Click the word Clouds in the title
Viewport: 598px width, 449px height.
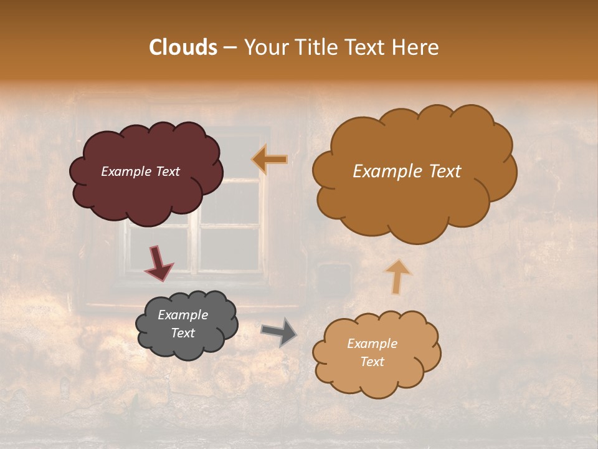183,47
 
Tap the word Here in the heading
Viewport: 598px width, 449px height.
417,47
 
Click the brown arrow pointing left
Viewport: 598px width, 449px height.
270,160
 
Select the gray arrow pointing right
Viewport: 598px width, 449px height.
279,332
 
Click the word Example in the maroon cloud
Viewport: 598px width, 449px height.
125,171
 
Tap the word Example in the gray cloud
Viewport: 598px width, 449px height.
183,315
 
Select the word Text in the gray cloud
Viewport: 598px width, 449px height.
183,333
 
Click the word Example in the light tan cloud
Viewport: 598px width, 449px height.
372,344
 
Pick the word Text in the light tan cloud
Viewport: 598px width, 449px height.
372,362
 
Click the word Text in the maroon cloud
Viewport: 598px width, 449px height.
167,171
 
